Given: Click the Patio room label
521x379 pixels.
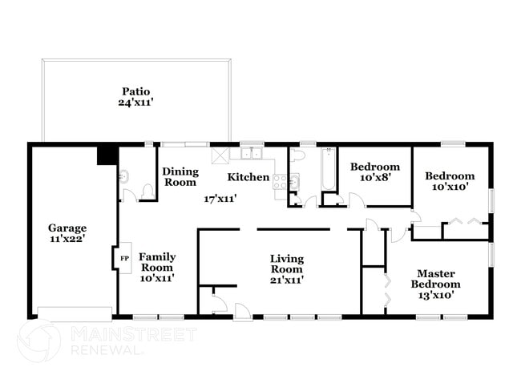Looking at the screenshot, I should coord(136,91).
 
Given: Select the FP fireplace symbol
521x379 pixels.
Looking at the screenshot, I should coord(124,259).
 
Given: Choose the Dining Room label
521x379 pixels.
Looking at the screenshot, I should coord(180,176).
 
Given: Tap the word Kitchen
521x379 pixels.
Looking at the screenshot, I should coord(248,176).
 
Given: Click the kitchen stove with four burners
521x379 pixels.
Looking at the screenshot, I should coord(282,182).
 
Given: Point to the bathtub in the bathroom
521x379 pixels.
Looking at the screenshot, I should coord(328,170).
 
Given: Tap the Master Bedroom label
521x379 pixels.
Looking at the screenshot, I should coord(435,279).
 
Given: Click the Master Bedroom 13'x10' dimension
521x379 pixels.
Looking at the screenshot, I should coord(435,295).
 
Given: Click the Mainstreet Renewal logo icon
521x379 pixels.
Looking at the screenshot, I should coord(38,341).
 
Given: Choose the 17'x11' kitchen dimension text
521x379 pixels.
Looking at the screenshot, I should coord(220,198).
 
